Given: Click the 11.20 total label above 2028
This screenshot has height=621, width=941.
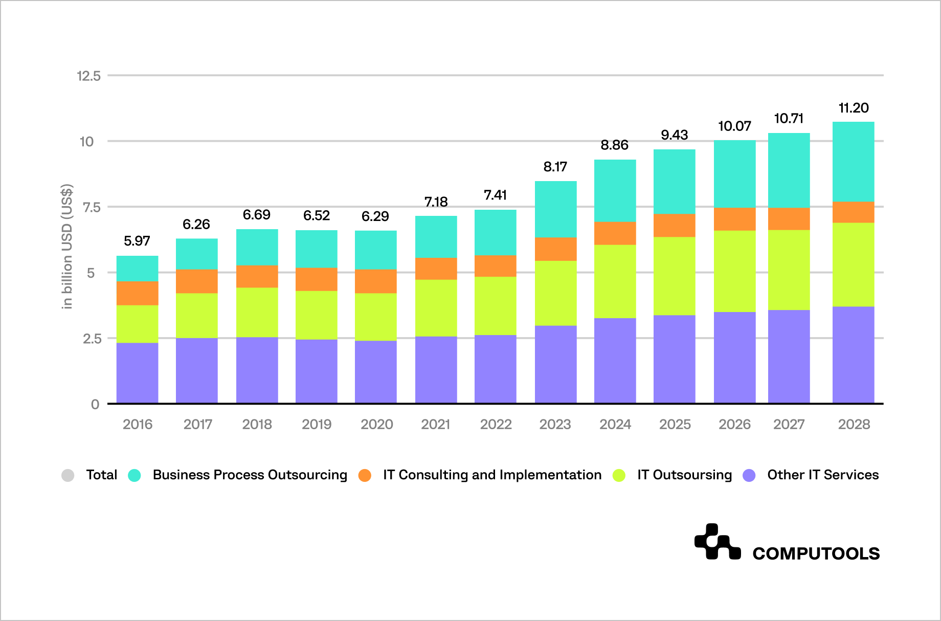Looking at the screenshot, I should point(854,108).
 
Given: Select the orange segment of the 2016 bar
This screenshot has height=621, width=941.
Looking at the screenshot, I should point(137,293).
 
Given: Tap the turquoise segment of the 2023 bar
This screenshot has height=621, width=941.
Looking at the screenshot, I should point(555,209).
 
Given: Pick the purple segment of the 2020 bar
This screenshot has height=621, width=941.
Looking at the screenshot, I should point(375,372).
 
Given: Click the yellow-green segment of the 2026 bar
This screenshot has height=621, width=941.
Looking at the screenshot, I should point(734,271).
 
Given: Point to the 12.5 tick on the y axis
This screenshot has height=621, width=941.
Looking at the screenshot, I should point(88,76).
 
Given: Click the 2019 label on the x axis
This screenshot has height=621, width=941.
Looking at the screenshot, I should point(317,424).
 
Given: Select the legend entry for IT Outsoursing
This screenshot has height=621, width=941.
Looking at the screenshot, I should point(684,475).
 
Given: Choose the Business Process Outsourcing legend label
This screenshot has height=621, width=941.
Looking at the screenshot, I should point(250,475).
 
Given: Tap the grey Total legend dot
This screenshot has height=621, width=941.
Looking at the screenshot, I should point(68,475).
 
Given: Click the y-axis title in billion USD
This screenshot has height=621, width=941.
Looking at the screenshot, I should point(67,246).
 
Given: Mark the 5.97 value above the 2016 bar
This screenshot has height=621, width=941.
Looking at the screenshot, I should point(137,241).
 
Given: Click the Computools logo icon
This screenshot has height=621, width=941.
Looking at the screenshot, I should point(717,542).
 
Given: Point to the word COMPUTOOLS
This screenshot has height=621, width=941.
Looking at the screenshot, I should point(816,553).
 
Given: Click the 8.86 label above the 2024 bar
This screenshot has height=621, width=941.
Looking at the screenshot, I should point(614,145).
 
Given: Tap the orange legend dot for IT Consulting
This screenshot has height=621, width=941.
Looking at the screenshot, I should point(365,475).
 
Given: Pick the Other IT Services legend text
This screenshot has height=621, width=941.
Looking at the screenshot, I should point(822,475).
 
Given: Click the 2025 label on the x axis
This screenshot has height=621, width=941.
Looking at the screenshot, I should point(675,424).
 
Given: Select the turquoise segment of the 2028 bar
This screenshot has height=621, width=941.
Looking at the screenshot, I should point(853,162).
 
